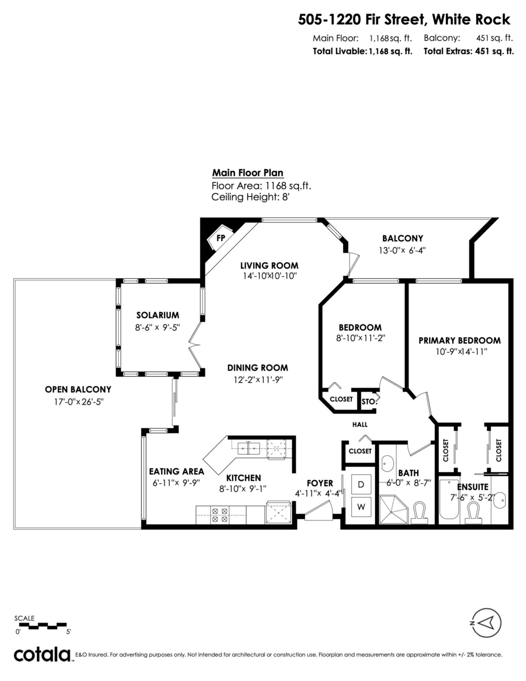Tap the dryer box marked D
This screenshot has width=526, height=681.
pyautogui.click(x=361, y=485)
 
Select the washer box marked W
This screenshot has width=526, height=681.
pyautogui.click(x=361, y=506)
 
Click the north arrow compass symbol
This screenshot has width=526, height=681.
pyautogui.click(x=486, y=623)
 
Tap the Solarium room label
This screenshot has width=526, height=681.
pyautogui.click(x=157, y=315)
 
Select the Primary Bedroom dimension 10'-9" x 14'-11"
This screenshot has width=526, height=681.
pyautogui.click(x=460, y=351)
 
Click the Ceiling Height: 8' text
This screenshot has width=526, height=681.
pyautogui.click(x=251, y=197)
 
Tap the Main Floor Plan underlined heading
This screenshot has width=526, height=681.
pyautogui.click(x=247, y=173)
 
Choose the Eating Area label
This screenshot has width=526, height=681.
pyautogui.click(x=176, y=472)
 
